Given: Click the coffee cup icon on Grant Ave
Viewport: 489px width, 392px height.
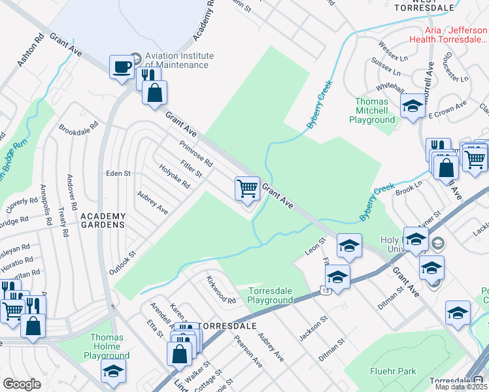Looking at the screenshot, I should pyautogui.click(x=122, y=67).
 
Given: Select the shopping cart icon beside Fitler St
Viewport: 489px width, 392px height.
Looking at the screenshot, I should pyautogui.click(x=248, y=189).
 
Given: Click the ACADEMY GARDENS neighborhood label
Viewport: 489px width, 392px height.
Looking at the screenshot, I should pyautogui.click(x=103, y=220).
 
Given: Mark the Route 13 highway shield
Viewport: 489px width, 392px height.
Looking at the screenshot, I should pyautogui.click(x=324, y=289).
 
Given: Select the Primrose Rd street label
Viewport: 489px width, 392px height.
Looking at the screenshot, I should pyautogui.click(x=196, y=152).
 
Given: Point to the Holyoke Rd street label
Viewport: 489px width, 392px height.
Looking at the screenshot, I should pyautogui.click(x=174, y=176).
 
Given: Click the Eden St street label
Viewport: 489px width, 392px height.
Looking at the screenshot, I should pyautogui.click(x=119, y=174).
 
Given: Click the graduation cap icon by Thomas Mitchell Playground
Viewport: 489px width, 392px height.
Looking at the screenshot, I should pyautogui.click(x=413, y=107).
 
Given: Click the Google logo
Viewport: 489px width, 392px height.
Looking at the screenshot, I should pyautogui.click(x=22, y=384).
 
